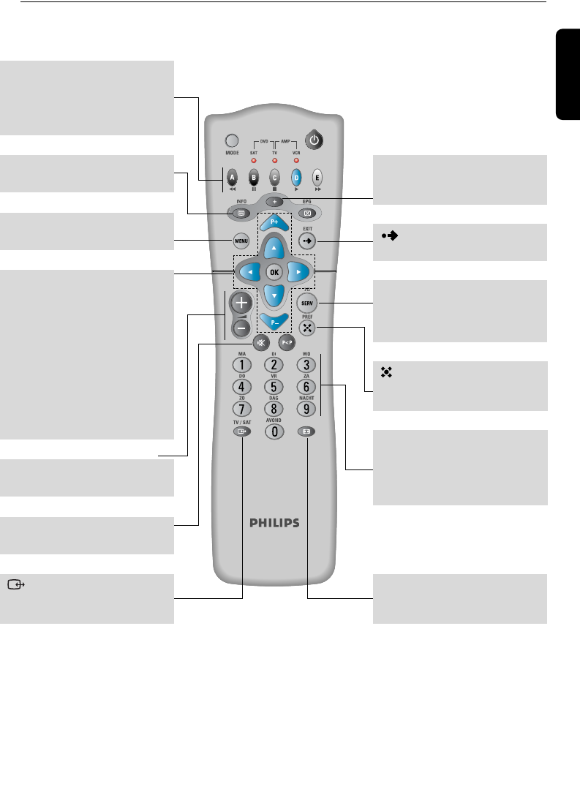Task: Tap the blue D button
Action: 297,177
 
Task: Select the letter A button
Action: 232,177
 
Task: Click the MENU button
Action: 241,241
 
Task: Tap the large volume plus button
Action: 241,302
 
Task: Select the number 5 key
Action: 273,386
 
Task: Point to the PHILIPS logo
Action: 274,523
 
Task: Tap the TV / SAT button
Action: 241,431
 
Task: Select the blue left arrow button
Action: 246,271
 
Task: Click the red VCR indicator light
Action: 296,159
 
